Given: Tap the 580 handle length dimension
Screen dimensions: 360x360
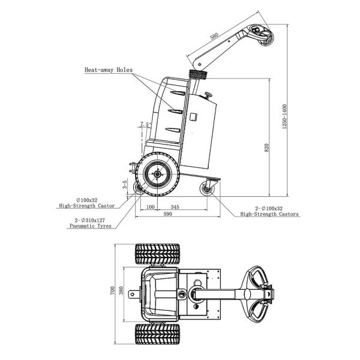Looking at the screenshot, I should coord(215,35).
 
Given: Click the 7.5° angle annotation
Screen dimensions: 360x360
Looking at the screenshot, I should coord(145,125).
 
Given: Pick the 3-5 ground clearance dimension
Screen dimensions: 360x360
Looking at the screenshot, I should coord(125,185).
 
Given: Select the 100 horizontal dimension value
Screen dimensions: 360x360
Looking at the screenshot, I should coord(151,206).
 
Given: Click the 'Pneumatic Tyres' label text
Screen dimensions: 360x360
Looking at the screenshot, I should coord(91,226).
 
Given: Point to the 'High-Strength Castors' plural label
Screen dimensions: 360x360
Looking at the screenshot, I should coord(269,214).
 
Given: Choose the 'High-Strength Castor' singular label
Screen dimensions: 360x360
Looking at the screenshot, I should coord(86,205).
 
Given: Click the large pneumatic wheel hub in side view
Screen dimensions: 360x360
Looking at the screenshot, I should coord(158,175).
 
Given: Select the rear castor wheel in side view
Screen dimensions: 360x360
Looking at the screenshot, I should coord(208,188).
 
